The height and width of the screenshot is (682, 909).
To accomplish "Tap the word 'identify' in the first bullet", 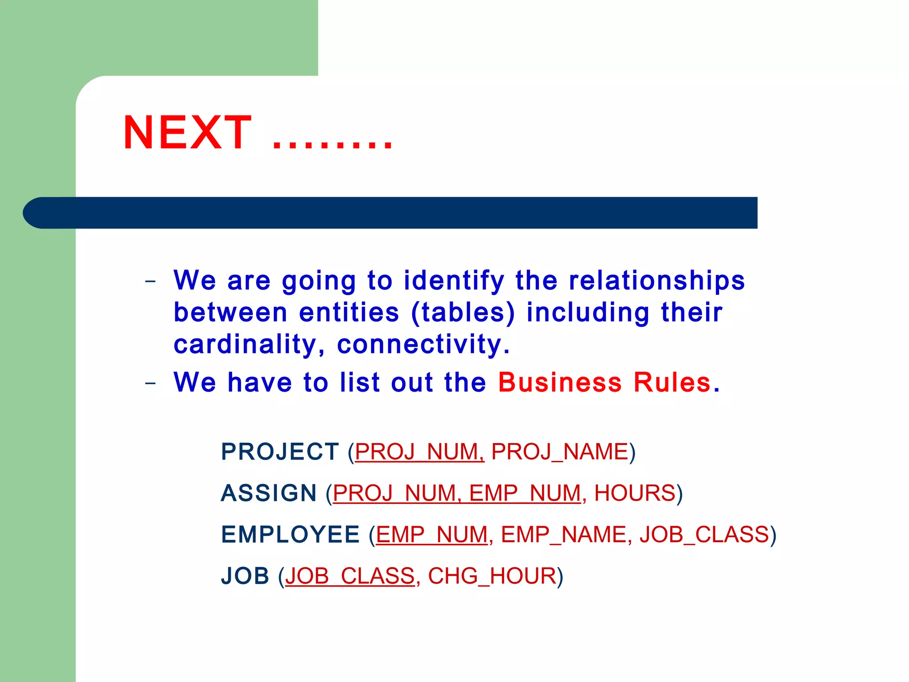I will pyautogui.click(x=454, y=281).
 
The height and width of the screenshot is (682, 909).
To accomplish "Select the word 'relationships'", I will pyautogui.click(x=656, y=281).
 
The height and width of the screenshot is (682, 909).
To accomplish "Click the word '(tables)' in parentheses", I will pyautogui.click(x=463, y=313).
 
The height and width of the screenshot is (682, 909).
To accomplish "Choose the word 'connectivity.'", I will pyautogui.click(x=423, y=345).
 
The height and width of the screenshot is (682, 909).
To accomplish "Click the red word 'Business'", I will pyautogui.click(x=560, y=382).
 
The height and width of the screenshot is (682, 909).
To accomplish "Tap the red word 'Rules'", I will pyautogui.click(x=672, y=382).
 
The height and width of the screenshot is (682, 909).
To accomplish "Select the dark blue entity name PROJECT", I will pyautogui.click(x=280, y=452).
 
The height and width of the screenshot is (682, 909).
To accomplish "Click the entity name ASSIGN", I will pyautogui.click(x=269, y=493).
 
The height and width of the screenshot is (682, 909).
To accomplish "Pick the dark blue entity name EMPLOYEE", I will pyautogui.click(x=290, y=535).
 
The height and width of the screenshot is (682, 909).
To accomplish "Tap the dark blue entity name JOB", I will pyautogui.click(x=245, y=576).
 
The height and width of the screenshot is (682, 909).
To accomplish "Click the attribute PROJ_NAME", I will pyautogui.click(x=560, y=452).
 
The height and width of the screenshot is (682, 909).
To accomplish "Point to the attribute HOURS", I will pyautogui.click(x=635, y=493).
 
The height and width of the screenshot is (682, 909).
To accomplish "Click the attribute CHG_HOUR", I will pyautogui.click(x=492, y=576).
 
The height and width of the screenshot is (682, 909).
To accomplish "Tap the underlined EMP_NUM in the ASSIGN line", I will pyautogui.click(x=525, y=493).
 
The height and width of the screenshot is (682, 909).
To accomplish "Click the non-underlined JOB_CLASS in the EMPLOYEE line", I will pyautogui.click(x=704, y=535).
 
